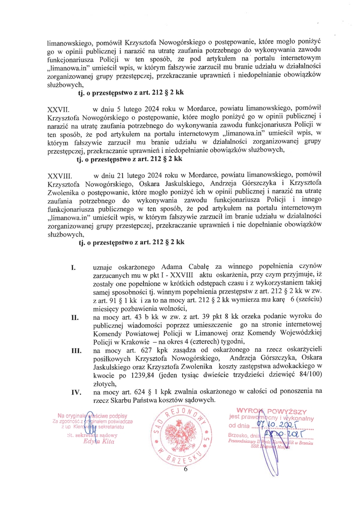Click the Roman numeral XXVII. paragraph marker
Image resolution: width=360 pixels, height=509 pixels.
pyautogui.click(x=58, y=109)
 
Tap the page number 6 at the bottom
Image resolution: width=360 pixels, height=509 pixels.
pyautogui.click(x=186, y=469)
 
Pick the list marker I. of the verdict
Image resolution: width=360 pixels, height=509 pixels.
pyautogui.click(x=73, y=268)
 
